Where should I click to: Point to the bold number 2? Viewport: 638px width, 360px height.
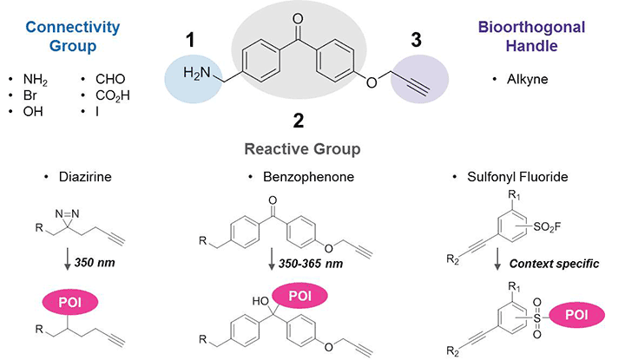[x=298, y=121]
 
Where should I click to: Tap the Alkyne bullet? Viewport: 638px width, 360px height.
[x=527, y=77]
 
